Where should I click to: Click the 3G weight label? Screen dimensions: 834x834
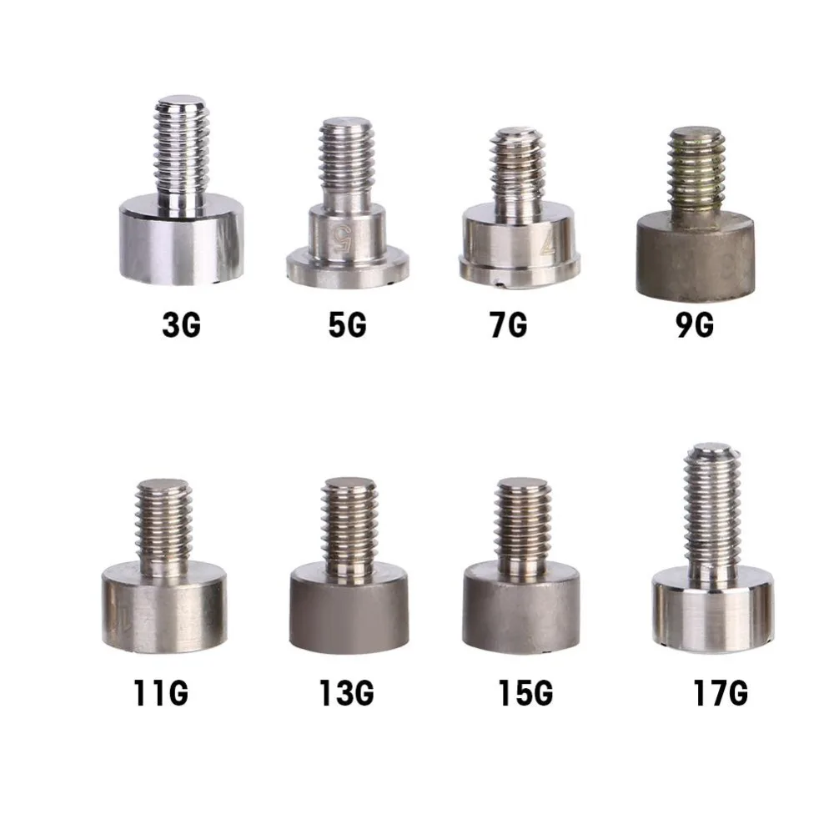click(x=181, y=324)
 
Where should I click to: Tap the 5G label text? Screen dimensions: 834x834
click(x=346, y=324)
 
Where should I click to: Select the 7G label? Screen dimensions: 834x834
click(x=508, y=324)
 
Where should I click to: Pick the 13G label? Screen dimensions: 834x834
click(x=345, y=693)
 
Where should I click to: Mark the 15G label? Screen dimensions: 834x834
click(x=523, y=693)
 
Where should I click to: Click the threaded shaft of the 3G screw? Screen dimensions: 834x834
click(x=181, y=150)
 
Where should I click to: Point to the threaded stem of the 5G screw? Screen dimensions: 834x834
click(x=347, y=163)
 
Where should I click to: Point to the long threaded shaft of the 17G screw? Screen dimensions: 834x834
click(x=711, y=509)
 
